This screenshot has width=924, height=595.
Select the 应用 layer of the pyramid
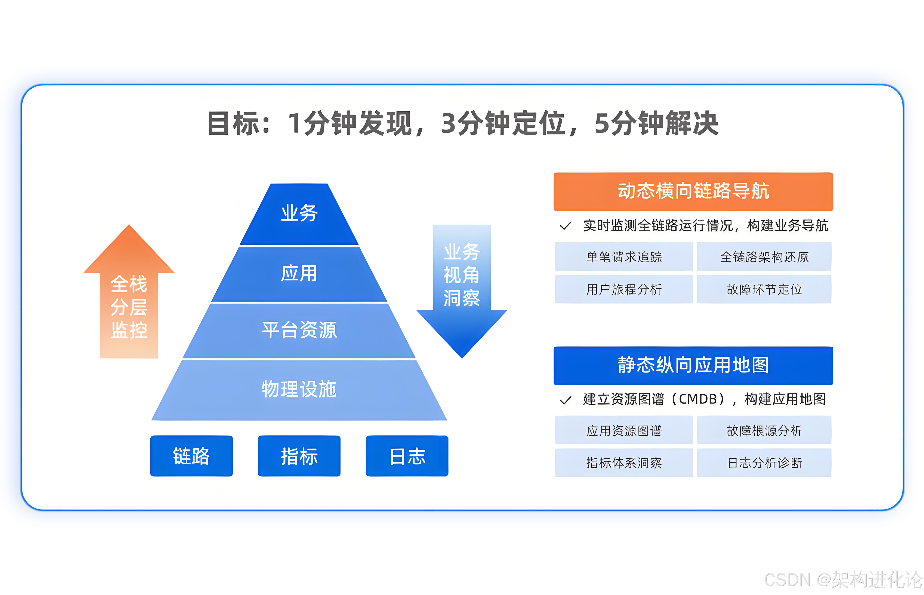pos(299,274)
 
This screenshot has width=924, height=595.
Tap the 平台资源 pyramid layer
pos(299,330)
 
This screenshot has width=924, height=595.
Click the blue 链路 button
pos(191,456)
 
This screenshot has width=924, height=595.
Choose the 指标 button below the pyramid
pos(299,456)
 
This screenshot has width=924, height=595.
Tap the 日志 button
pos(407,456)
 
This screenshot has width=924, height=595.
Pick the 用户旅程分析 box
pos(624,289)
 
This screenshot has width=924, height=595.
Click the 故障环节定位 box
pos(764,289)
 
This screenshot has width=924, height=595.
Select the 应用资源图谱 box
pos(624,430)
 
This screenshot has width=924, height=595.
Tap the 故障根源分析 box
pos(764,430)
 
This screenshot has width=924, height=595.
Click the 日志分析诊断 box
pos(764,462)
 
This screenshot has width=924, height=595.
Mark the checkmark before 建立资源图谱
pos(566,400)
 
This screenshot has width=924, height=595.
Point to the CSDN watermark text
pos(843,580)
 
